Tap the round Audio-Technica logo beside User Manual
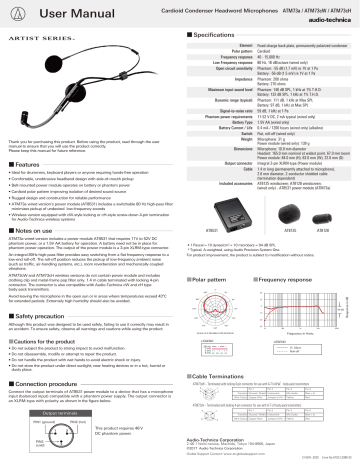click(14, 12)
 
